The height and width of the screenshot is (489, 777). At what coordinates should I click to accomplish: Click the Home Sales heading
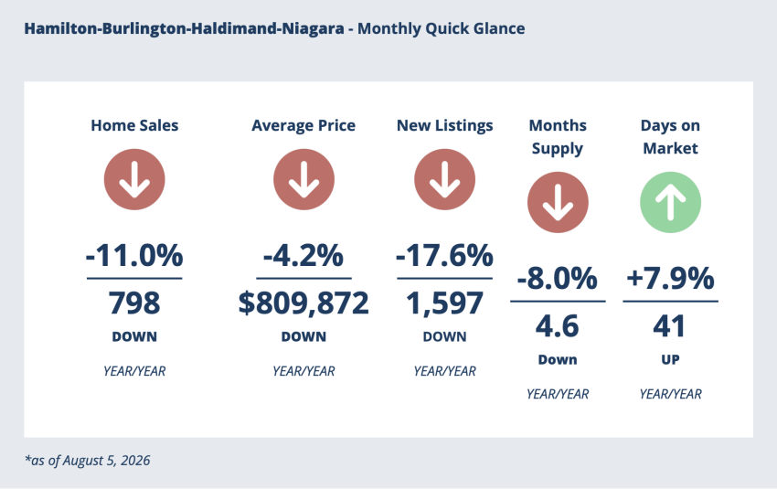pos(134,125)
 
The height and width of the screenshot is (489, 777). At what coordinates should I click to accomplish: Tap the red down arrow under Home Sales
pos(134,179)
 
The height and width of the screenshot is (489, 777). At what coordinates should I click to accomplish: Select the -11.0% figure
pos(134,256)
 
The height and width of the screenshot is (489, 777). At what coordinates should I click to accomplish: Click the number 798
pos(134,303)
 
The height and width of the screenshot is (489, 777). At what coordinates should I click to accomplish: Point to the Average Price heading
pos(303,126)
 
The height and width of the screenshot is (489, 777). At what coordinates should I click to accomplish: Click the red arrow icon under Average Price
pos(303,179)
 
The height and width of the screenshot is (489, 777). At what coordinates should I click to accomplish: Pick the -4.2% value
pos(303,256)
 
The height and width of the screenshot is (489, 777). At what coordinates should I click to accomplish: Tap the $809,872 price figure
pos(303,303)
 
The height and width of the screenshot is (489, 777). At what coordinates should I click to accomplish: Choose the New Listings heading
pos(444,126)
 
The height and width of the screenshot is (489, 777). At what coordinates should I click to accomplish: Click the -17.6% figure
pos(444,256)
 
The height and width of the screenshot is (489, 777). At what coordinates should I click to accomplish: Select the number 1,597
pos(444,303)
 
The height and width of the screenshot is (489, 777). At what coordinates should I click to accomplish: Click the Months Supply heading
pos(558,137)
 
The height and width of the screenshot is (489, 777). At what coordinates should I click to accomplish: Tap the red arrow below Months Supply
pos(558,202)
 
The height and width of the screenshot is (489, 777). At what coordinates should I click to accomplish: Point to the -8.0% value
pos(558,279)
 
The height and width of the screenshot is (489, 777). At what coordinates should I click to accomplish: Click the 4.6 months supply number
pos(558,326)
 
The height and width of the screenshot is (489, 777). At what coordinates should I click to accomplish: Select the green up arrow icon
pos(670,202)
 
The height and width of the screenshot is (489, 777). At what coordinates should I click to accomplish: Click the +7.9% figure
pos(670,279)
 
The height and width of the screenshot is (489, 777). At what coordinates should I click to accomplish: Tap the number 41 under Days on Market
pos(669,326)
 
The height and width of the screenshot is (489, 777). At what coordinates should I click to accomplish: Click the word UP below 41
pos(670,360)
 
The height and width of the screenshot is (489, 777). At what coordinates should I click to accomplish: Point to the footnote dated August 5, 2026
pos(87,461)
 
